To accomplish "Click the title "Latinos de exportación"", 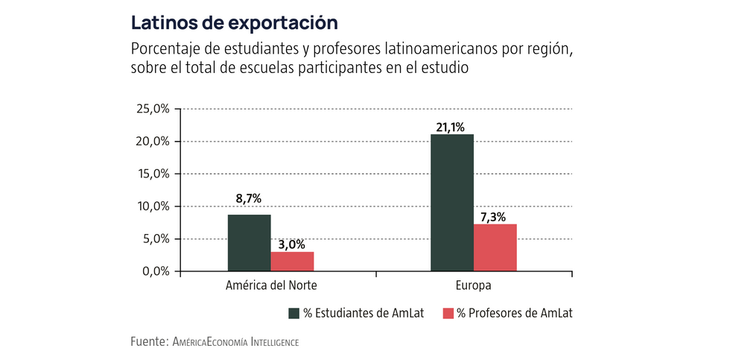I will [x=229, y=22].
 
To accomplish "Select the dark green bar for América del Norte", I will [x=250, y=243].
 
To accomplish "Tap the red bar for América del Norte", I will [x=292, y=262].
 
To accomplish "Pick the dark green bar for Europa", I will [x=451, y=203].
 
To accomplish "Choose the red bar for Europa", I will [x=495, y=247].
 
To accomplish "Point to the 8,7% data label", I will [x=250, y=199].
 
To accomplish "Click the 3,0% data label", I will [x=292, y=243].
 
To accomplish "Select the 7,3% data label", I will [x=495, y=216].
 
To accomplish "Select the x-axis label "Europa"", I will [x=473, y=286].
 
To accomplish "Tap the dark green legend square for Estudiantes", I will [x=293, y=313].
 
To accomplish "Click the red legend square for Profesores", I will [x=449, y=313].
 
